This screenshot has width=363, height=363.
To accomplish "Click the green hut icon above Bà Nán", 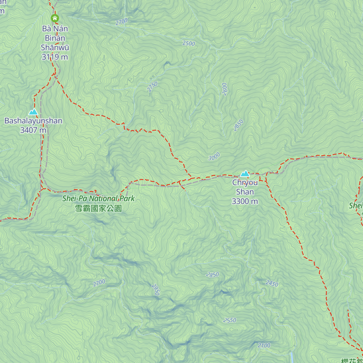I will [55, 18].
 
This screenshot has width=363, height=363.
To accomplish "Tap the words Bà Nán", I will [55, 29].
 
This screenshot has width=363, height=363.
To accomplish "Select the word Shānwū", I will [55, 47].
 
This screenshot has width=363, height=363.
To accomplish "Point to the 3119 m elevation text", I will [55, 57].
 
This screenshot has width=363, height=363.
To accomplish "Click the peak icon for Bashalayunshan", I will [33, 112].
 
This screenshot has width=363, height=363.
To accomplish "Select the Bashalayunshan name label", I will [33, 121].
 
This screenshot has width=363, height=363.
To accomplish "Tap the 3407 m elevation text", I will [33, 130].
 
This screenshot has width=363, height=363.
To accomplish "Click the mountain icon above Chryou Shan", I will [245, 174].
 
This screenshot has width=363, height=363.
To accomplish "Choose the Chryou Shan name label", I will [245, 187].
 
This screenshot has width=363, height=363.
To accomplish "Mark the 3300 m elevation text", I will [245, 201].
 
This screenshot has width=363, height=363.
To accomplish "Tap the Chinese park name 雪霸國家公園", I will [98, 208].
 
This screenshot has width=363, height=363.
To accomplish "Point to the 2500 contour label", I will [188, 43].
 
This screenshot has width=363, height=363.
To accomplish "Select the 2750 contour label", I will [152, 87].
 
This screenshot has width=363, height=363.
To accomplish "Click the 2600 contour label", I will [224, 89].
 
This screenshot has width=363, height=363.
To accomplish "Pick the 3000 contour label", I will [214, 157].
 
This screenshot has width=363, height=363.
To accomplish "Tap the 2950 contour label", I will [155, 289].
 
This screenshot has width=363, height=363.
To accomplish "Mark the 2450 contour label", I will [272, 283].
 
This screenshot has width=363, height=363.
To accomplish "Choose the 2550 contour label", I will [230, 320].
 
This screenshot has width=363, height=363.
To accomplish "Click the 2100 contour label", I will [264, 345].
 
